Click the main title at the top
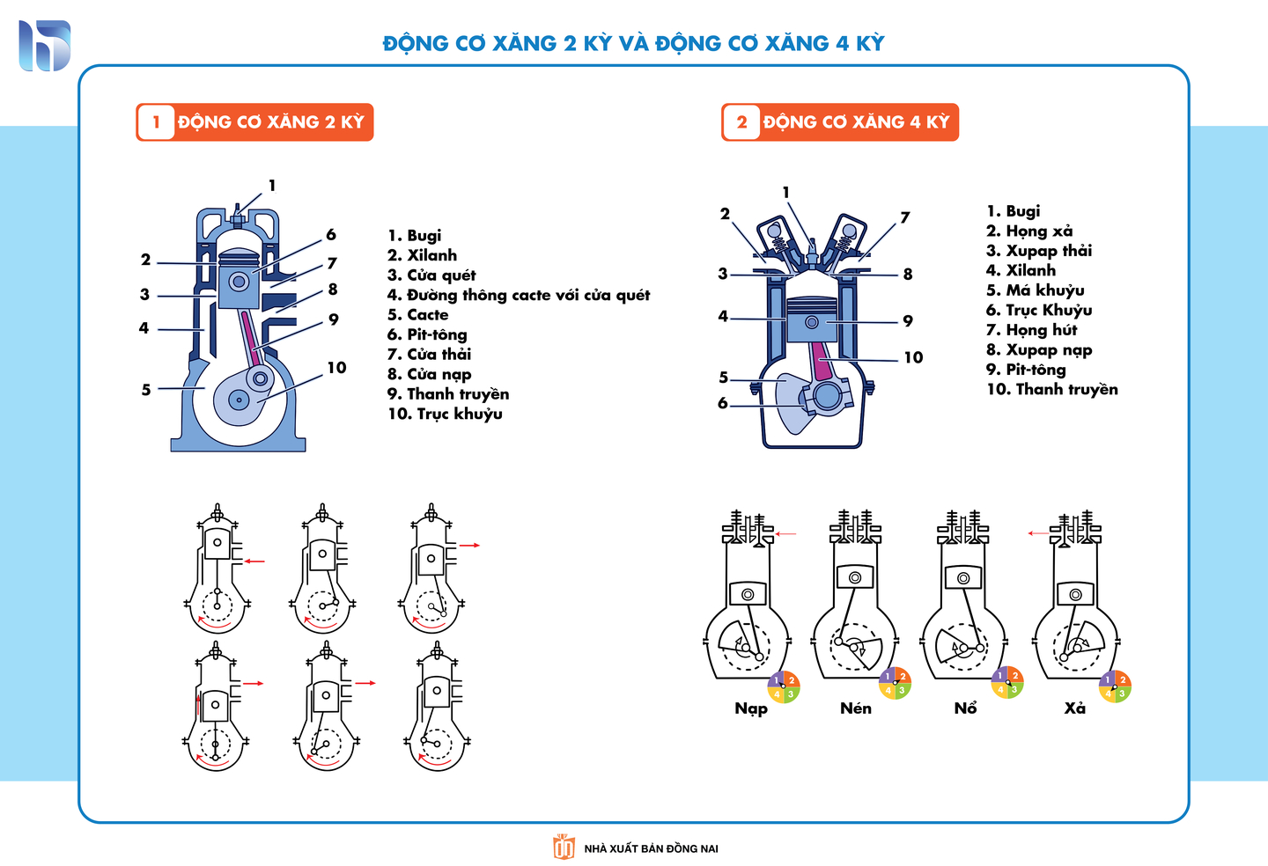point(633,43)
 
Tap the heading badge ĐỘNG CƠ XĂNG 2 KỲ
point(254,122)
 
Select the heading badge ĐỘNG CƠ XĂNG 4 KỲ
point(840,122)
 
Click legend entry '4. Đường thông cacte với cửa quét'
point(519,295)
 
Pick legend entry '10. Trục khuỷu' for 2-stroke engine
point(445,414)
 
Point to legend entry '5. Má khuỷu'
point(1035,290)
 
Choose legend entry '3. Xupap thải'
point(1038,251)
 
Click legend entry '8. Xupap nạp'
point(1039,349)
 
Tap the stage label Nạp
point(751,708)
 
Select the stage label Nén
point(856,708)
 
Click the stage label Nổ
point(965,708)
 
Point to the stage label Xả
point(1074,708)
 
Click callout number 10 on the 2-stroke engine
point(336,368)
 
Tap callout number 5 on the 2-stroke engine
point(146,389)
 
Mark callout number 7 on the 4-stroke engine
point(904,217)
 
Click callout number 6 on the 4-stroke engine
point(723,403)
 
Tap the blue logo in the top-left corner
point(44,46)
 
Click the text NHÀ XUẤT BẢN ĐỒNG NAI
point(651,848)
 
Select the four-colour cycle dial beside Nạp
point(783,686)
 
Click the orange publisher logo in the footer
point(564,847)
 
